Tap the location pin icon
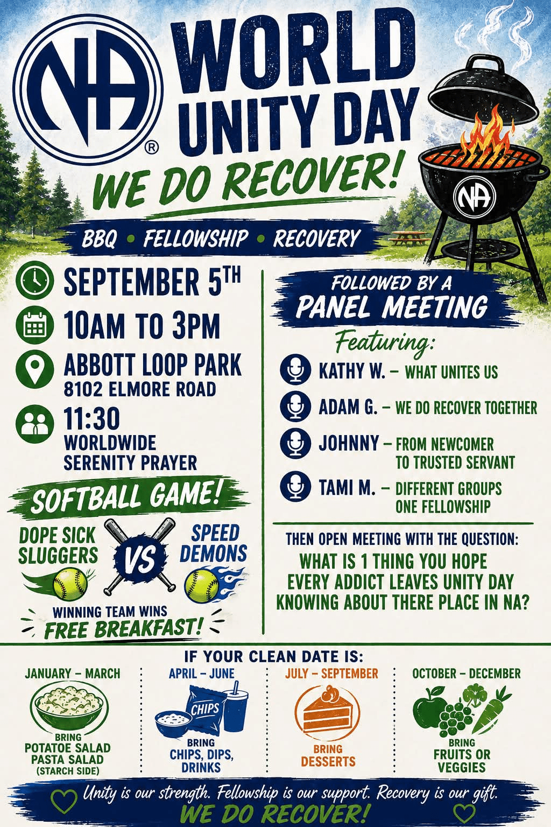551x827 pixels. click(35, 368)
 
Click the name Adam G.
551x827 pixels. click(348, 407)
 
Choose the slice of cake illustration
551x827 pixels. click(327, 711)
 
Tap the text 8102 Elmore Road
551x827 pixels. click(140, 389)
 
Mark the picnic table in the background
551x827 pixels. click(407, 237)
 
